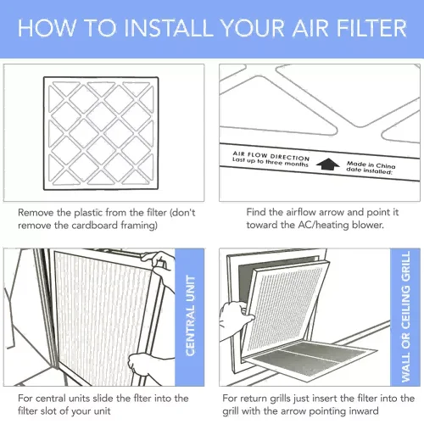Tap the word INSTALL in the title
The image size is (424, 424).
coord(169,28)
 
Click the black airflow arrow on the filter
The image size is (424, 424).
coord(328,165)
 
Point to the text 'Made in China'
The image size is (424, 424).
coord(371,165)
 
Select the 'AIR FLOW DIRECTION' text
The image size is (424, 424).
coord(271,155)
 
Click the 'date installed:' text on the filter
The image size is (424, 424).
coord(370,170)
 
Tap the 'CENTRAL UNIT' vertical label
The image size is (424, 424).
coord(190,315)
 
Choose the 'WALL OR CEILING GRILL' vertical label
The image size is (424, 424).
coord(405,316)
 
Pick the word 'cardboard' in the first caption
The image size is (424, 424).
coord(95,226)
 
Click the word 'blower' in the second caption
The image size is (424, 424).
coord(367,225)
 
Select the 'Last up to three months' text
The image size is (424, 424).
coord(270,162)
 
